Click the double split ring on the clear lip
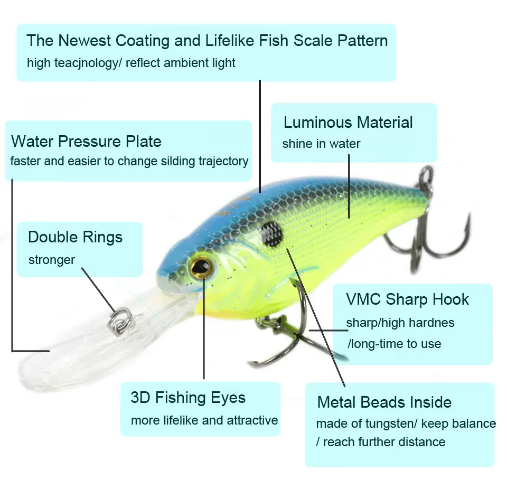[120, 320]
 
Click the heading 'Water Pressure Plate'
[86, 141]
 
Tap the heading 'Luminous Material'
[348, 122]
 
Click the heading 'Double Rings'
[76, 237]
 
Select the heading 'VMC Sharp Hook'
[407, 299]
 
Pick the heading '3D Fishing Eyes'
[188, 398]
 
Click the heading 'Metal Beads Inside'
[384, 402]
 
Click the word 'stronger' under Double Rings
[52, 260]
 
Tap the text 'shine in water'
[321, 144]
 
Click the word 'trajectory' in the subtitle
[223, 161]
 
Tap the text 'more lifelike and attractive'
[204, 420]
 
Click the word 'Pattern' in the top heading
[362, 41]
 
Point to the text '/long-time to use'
[394, 344]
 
